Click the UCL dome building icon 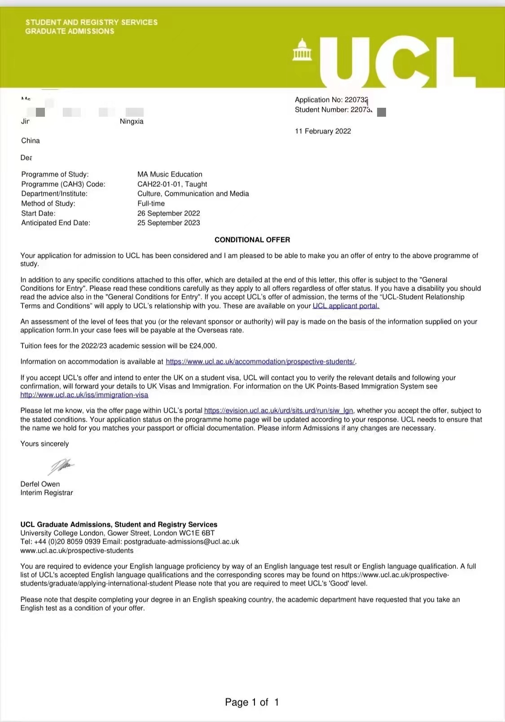tap(302, 50)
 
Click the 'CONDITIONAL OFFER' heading tap(252, 240)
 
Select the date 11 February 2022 tap(323, 131)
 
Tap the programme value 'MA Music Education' tap(170, 174)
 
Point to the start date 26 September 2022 tap(169, 213)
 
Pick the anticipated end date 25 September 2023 tap(169, 223)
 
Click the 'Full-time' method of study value tap(151, 203)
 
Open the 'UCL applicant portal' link tap(346, 306)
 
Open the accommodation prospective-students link tap(260, 361)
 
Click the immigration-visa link tap(84, 395)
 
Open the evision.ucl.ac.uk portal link tap(278, 410)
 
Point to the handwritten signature tap(61, 466)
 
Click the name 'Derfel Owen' tap(40, 484)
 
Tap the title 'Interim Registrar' tap(47, 493)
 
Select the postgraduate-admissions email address tap(181, 541)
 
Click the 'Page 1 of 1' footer tap(252, 702)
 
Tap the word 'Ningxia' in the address tap(132, 121)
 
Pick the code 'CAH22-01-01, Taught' tap(172, 184)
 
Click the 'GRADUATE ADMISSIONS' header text tap(70, 31)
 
